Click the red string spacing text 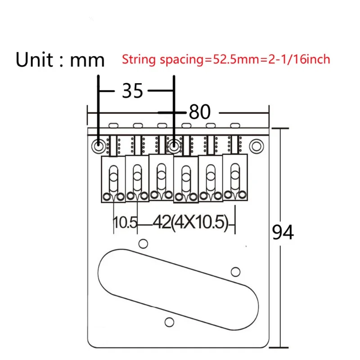226,59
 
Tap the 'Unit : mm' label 60,59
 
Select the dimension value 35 132,91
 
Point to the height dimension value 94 283,233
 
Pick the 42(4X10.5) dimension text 192,222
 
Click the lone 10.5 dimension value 125,222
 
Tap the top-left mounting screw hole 99,145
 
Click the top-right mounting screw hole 256,145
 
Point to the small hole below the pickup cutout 170,322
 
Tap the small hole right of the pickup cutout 235,271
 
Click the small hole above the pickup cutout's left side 143,243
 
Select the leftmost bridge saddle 113,179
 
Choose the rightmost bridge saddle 234,176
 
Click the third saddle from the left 161,176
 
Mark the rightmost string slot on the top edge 234,124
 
